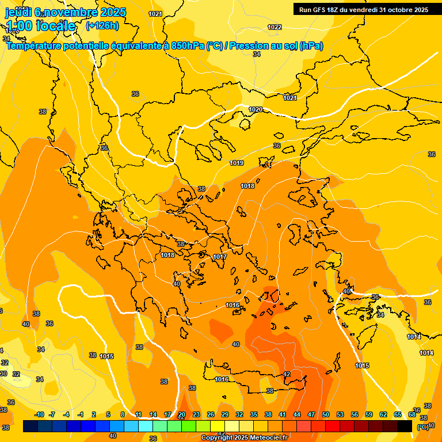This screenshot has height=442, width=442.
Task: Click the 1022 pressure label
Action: click(x=275, y=27)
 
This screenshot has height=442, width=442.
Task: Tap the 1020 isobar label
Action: click(x=256, y=109)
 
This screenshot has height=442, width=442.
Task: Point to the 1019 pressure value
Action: click(x=237, y=163)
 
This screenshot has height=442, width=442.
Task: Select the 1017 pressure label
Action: click(x=220, y=257)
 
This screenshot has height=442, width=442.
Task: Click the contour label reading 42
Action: click(x=287, y=374)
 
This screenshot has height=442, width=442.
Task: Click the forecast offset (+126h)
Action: click(x=102, y=25)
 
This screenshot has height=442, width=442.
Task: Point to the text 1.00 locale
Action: click(x=40, y=26)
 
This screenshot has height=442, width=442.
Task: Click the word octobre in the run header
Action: click(x=399, y=10)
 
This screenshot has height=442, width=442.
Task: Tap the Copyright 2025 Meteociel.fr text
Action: click(x=244, y=438)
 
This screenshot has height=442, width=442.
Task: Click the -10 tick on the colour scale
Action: click(x=39, y=414)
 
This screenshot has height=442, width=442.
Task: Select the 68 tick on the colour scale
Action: click(x=412, y=414)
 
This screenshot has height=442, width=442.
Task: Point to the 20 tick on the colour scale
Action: click(x=182, y=414)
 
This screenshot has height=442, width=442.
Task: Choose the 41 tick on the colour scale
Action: click(x=283, y=414)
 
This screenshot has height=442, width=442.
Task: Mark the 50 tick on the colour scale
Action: click(x=326, y=414)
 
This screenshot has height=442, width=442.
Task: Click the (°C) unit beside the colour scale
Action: click(x=422, y=427)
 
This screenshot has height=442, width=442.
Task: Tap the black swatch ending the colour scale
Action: click(x=404, y=426)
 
